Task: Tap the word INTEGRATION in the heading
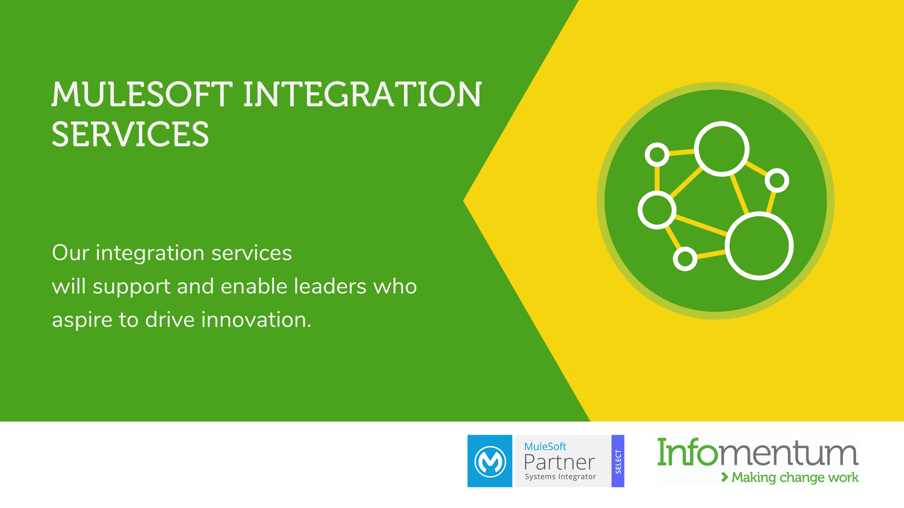click(363, 94)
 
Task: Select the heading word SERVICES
click(130, 134)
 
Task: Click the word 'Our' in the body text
click(71, 253)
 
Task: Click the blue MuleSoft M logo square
click(490, 461)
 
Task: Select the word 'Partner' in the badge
click(559, 462)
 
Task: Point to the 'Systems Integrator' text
click(560, 476)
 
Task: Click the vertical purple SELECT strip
click(618, 461)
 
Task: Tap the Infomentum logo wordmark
click(758, 452)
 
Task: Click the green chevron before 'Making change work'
click(725, 477)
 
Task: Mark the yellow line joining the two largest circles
click(740, 195)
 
